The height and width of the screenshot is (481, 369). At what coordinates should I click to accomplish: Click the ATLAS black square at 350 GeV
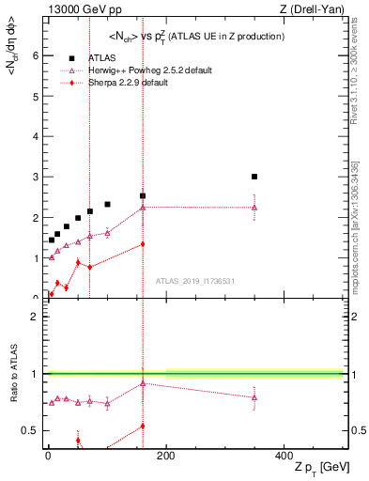click(254, 177)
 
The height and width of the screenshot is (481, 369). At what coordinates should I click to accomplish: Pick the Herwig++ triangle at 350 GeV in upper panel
click(254, 208)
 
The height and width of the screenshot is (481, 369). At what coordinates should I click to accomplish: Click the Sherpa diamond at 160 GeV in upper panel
click(143, 244)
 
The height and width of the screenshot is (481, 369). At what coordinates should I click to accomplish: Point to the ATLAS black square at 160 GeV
click(143, 196)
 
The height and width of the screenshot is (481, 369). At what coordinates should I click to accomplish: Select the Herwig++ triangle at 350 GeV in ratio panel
click(254, 397)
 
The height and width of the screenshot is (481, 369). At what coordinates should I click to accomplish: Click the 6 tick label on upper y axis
click(36, 55)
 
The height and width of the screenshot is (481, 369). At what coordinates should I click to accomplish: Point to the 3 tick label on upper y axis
click(36, 177)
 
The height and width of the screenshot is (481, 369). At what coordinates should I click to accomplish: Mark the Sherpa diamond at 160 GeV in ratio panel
click(143, 426)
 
